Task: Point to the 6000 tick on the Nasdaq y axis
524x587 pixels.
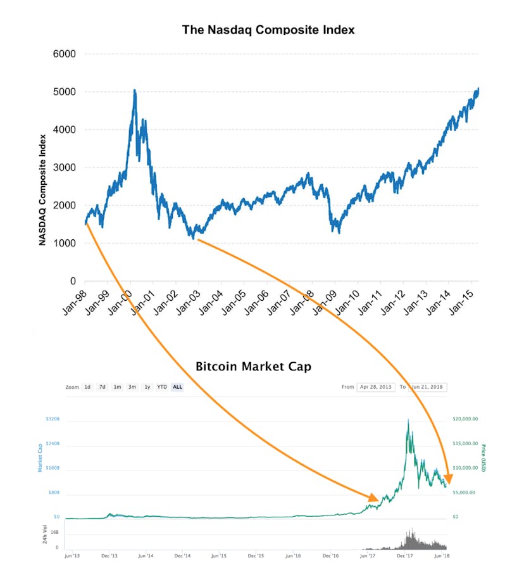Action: click(63, 54)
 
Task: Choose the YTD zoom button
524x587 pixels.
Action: click(161, 387)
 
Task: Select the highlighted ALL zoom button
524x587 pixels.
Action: click(177, 387)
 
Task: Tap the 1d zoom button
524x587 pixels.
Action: click(87, 387)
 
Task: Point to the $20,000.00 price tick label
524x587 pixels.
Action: click(465, 419)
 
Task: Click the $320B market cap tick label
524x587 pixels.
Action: click(52, 419)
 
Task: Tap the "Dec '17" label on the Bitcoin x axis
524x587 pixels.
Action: click(403, 555)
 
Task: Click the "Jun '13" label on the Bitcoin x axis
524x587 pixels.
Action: click(73, 555)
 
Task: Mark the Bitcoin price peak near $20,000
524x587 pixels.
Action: click(409, 420)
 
